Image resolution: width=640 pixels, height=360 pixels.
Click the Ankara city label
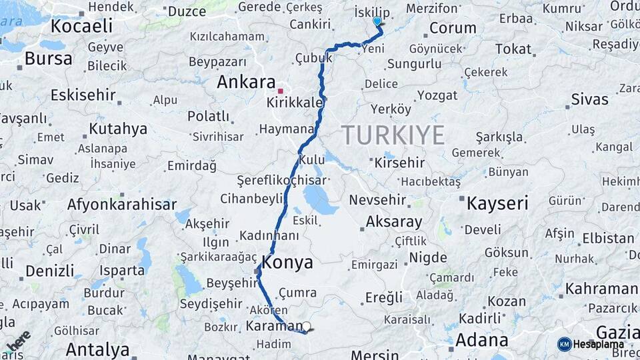click(246, 82)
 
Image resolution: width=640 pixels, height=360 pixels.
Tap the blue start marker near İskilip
click(377, 21)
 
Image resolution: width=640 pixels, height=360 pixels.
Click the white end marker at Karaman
click(307, 326)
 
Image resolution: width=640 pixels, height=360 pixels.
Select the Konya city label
click(287, 263)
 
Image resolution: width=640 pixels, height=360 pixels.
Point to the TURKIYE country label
click(393, 135)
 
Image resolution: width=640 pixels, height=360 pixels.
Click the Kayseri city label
click(497, 203)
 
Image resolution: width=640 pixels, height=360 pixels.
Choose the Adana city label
click(480, 340)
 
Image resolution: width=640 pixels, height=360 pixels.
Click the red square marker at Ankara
click(281, 91)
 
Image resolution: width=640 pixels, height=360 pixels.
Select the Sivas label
click(589, 99)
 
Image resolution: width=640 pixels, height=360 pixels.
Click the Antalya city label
click(97, 349)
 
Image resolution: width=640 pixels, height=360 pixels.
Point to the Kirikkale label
click(295, 103)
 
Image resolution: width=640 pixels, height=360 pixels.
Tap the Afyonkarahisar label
click(121, 205)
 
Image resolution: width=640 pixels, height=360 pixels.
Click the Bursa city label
click(48, 58)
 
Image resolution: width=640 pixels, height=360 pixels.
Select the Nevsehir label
click(377, 200)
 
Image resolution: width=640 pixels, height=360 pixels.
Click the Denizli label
click(50, 271)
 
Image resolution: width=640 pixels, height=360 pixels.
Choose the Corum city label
click(453, 28)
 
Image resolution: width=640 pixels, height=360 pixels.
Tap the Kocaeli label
click(81, 26)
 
